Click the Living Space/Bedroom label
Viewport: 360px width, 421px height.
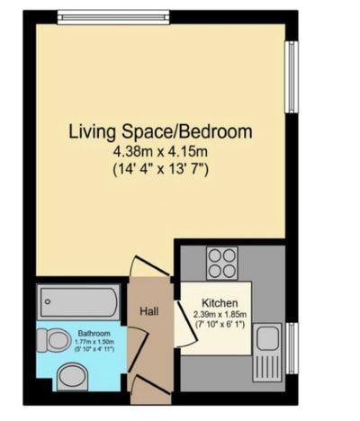tap(160, 131)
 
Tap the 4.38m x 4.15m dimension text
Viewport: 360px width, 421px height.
tap(160, 151)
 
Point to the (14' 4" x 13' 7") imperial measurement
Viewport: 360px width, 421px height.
tap(160, 168)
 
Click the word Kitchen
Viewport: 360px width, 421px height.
tap(220, 302)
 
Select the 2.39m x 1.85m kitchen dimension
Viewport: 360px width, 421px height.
tap(220, 314)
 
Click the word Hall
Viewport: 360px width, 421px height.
tap(149, 311)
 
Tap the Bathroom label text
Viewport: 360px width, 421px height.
tap(94, 332)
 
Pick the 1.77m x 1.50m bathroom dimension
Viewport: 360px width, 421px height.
tap(94, 342)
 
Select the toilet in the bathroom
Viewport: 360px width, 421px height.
tap(58, 340)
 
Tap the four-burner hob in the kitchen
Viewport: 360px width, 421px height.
tap(221, 263)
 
